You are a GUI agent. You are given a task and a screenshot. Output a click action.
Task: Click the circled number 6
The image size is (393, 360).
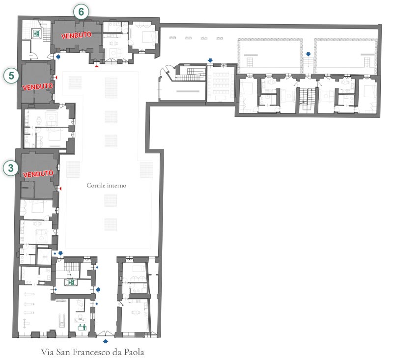[x=81, y=12]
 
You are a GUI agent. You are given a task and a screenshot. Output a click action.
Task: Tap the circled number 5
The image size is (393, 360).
[x=11, y=76]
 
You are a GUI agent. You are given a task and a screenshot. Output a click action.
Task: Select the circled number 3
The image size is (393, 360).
[x=10, y=168]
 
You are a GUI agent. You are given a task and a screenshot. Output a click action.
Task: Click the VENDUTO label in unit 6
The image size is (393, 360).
[x=76, y=35]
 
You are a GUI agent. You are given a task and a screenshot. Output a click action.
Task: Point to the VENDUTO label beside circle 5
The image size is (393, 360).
[x=38, y=86]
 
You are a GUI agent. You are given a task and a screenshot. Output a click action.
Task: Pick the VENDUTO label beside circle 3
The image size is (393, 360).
[x=38, y=173]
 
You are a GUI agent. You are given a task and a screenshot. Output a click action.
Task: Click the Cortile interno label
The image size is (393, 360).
[x=106, y=185]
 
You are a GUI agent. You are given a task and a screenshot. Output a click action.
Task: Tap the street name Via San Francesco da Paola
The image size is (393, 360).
[x=92, y=352]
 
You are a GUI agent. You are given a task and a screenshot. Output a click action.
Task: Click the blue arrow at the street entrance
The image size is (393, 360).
[x=106, y=341]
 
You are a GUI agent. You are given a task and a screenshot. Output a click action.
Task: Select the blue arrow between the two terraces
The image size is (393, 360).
[x=309, y=54]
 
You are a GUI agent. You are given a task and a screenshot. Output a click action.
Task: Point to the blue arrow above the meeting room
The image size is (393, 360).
[x=210, y=60]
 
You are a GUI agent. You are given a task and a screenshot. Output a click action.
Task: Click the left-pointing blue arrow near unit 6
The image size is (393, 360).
[x=58, y=57]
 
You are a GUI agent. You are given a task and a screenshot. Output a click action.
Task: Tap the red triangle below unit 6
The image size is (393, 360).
[x=97, y=66]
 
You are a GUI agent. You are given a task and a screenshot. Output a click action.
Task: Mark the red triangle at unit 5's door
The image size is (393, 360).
[x=56, y=78]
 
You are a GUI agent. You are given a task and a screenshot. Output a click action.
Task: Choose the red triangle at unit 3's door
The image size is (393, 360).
[x=60, y=189]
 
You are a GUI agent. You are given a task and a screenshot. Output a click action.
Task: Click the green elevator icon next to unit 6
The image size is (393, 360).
[x=37, y=33]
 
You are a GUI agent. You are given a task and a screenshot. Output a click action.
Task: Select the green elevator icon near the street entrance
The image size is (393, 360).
[x=71, y=282]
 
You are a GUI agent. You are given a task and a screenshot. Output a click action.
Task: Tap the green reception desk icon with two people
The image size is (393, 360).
[x=82, y=327]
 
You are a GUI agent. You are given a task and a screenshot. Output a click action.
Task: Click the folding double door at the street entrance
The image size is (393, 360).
[x=106, y=333]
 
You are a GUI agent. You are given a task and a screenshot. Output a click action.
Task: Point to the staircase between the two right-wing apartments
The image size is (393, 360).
[x=308, y=99]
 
